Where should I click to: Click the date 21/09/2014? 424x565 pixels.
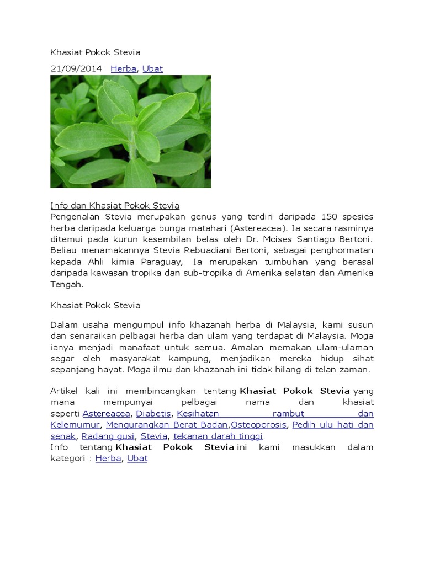[x=76, y=69]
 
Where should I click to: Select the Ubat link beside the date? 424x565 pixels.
[x=152, y=69]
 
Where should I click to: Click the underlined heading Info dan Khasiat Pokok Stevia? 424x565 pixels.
[x=115, y=206]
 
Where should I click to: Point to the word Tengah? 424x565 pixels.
[x=66, y=285]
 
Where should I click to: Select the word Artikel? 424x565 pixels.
[x=66, y=391]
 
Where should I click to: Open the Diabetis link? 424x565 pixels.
[x=154, y=413]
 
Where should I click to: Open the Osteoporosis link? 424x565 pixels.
[x=259, y=424]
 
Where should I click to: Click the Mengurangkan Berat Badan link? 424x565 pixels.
[x=167, y=424]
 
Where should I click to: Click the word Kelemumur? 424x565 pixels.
[x=75, y=424]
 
